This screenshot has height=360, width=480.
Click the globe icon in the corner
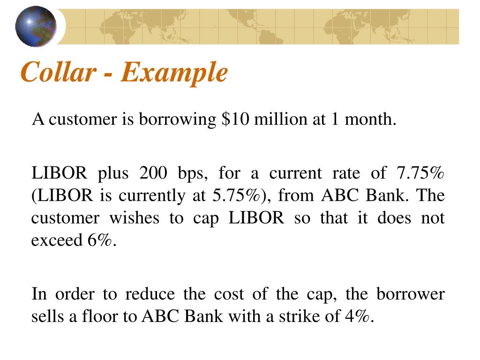(36, 27)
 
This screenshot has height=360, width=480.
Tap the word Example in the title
(174, 73)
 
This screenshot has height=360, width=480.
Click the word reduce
(150, 295)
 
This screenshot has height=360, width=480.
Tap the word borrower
(410, 295)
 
